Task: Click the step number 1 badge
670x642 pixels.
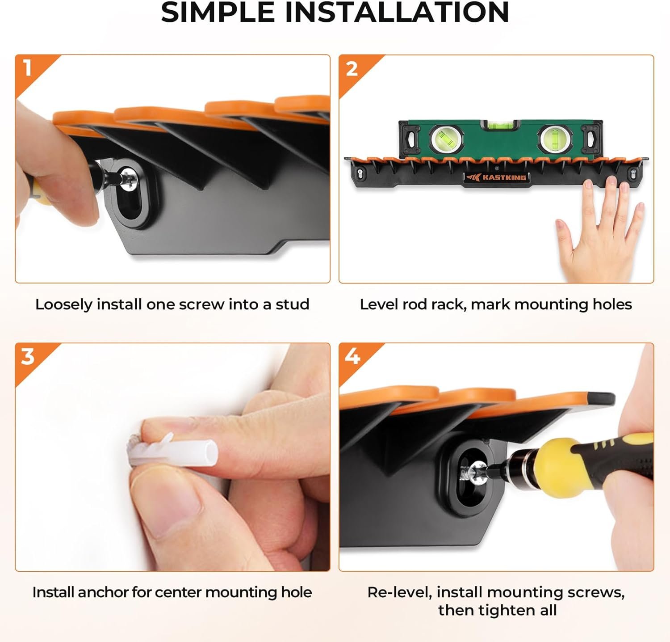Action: click(x=28, y=68)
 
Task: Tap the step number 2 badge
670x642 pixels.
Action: click(x=352, y=68)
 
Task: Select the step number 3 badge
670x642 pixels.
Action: click(x=28, y=357)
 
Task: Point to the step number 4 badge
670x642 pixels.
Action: click(x=352, y=357)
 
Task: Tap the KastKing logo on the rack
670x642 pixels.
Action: click(x=496, y=177)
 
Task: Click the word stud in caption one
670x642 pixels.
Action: click(x=292, y=304)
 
